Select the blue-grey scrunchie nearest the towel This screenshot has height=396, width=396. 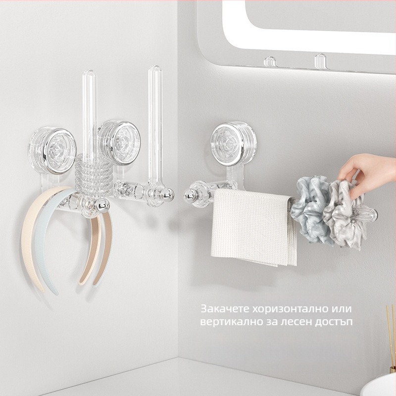point(309,209)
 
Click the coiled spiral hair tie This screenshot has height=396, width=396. point(94,174)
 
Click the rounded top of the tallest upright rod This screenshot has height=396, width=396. point(155,68)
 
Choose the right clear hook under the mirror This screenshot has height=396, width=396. point(320,61)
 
